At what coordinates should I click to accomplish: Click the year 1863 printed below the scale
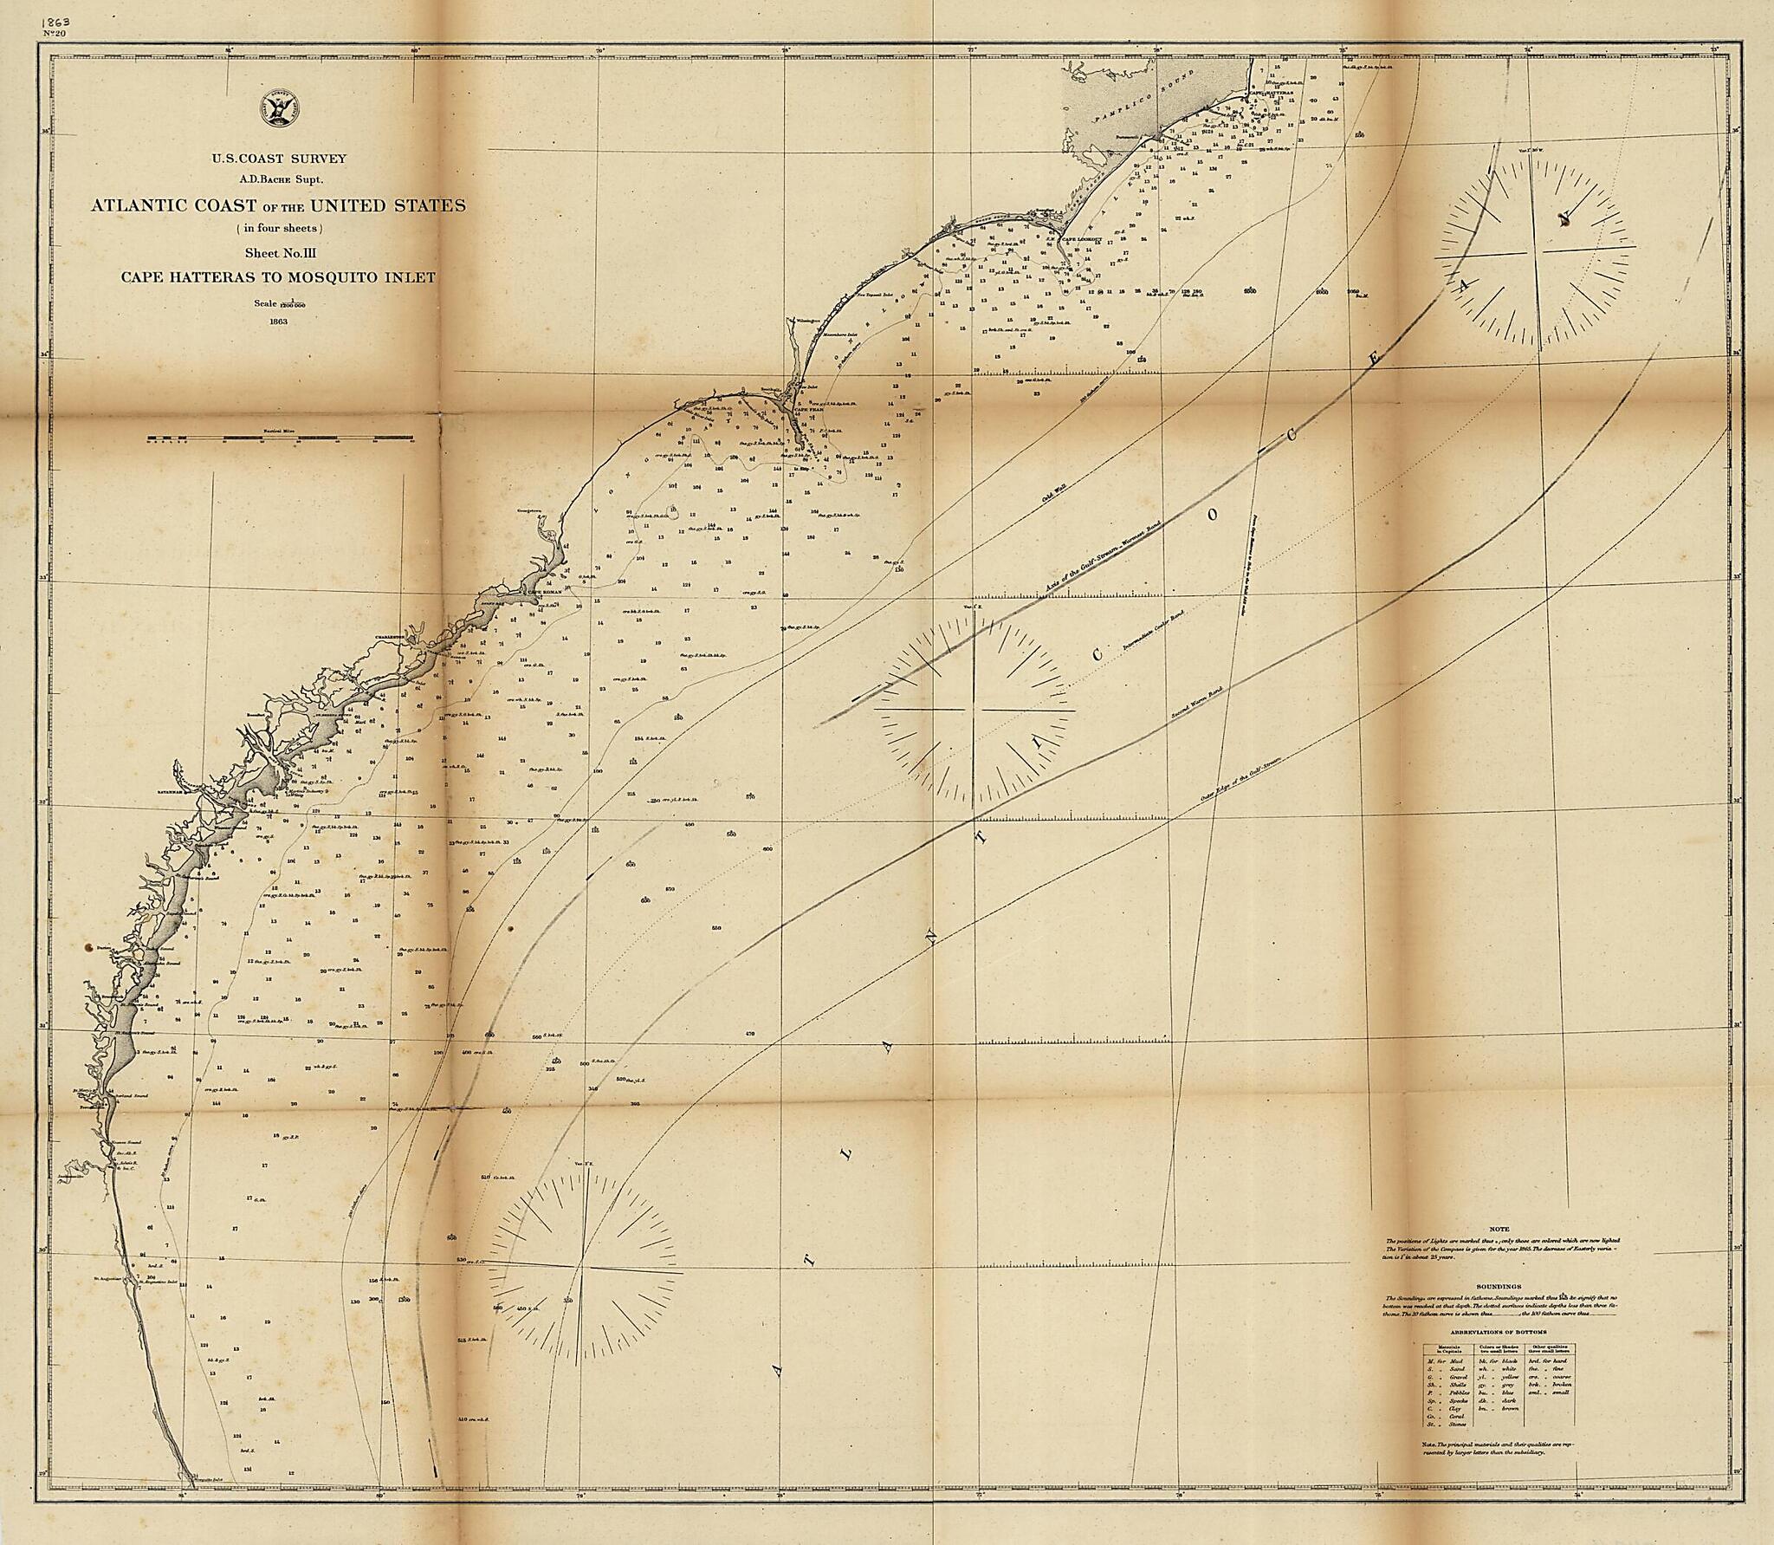point(278,321)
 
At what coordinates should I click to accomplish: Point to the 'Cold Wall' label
point(1050,497)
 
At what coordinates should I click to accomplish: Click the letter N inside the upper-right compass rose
point(1564,218)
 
